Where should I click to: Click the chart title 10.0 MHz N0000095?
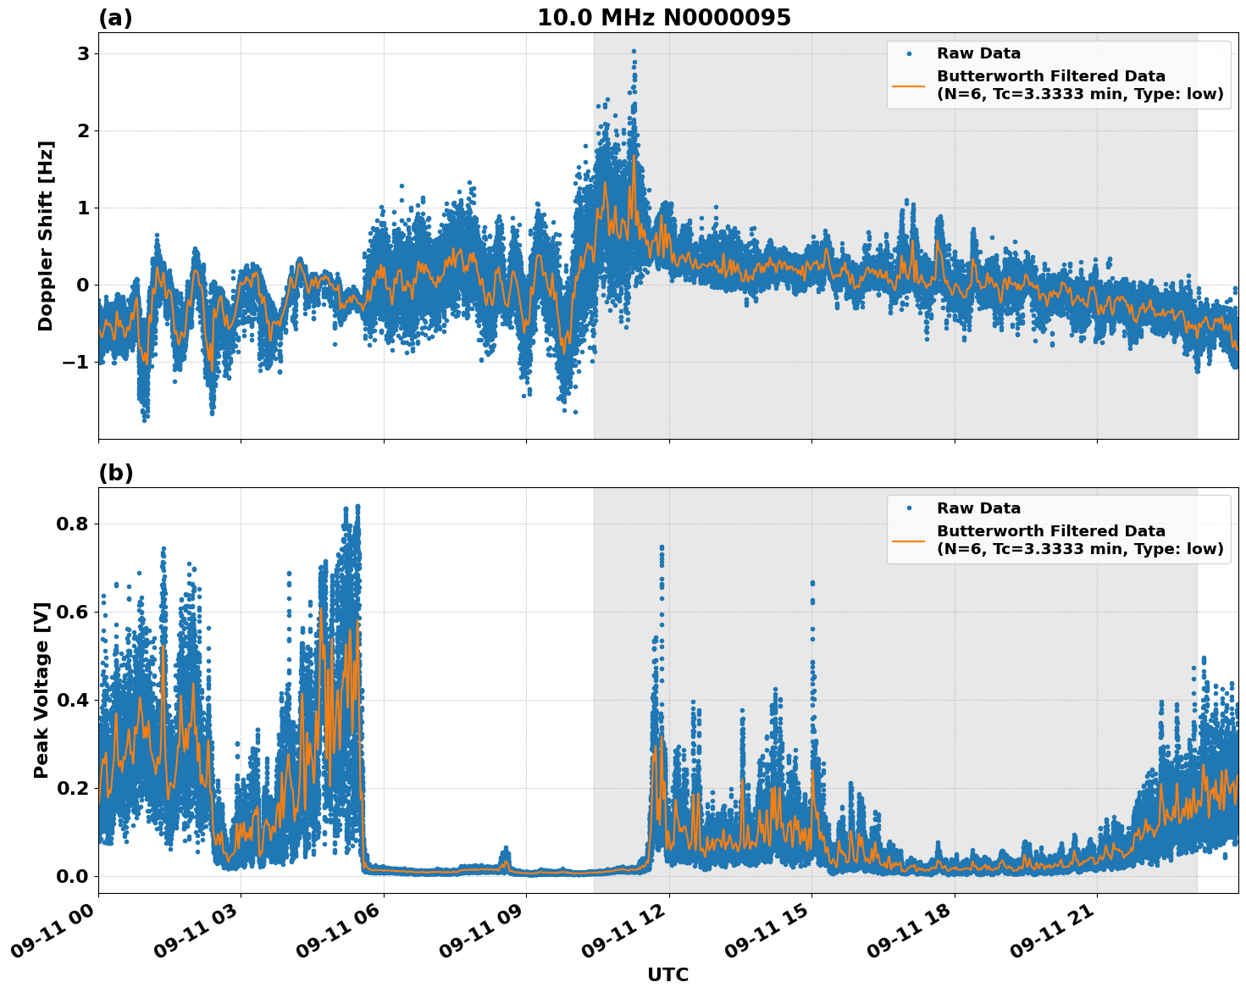pos(664,18)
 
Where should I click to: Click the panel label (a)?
pos(115,18)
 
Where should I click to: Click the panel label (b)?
pos(116,473)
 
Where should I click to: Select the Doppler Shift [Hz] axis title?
pos(46,236)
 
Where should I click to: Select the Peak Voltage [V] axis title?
pos(42,690)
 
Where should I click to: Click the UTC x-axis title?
pos(667,974)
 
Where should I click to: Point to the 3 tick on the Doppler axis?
pos(83,53)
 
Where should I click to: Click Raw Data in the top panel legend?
pos(978,54)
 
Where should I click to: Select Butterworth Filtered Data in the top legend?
pos(1050,76)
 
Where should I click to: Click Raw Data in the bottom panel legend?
pos(978,508)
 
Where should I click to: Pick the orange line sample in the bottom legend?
pos(908,541)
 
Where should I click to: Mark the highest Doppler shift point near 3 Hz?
pos(634,52)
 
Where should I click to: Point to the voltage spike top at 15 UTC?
pos(812,583)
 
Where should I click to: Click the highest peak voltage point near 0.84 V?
pos(357,507)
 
